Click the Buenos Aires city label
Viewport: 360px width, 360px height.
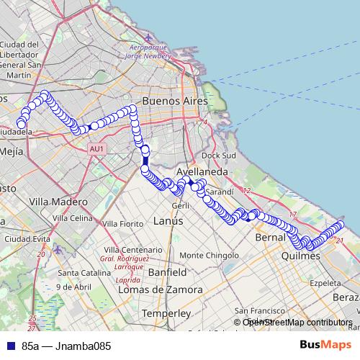[x=175, y=101]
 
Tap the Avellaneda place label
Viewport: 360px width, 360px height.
[x=202, y=173]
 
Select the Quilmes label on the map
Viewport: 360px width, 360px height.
[x=301, y=256]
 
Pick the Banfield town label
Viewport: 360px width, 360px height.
[x=167, y=273]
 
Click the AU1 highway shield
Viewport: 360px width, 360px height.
[x=98, y=149]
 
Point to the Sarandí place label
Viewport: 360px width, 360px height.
[x=220, y=192]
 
